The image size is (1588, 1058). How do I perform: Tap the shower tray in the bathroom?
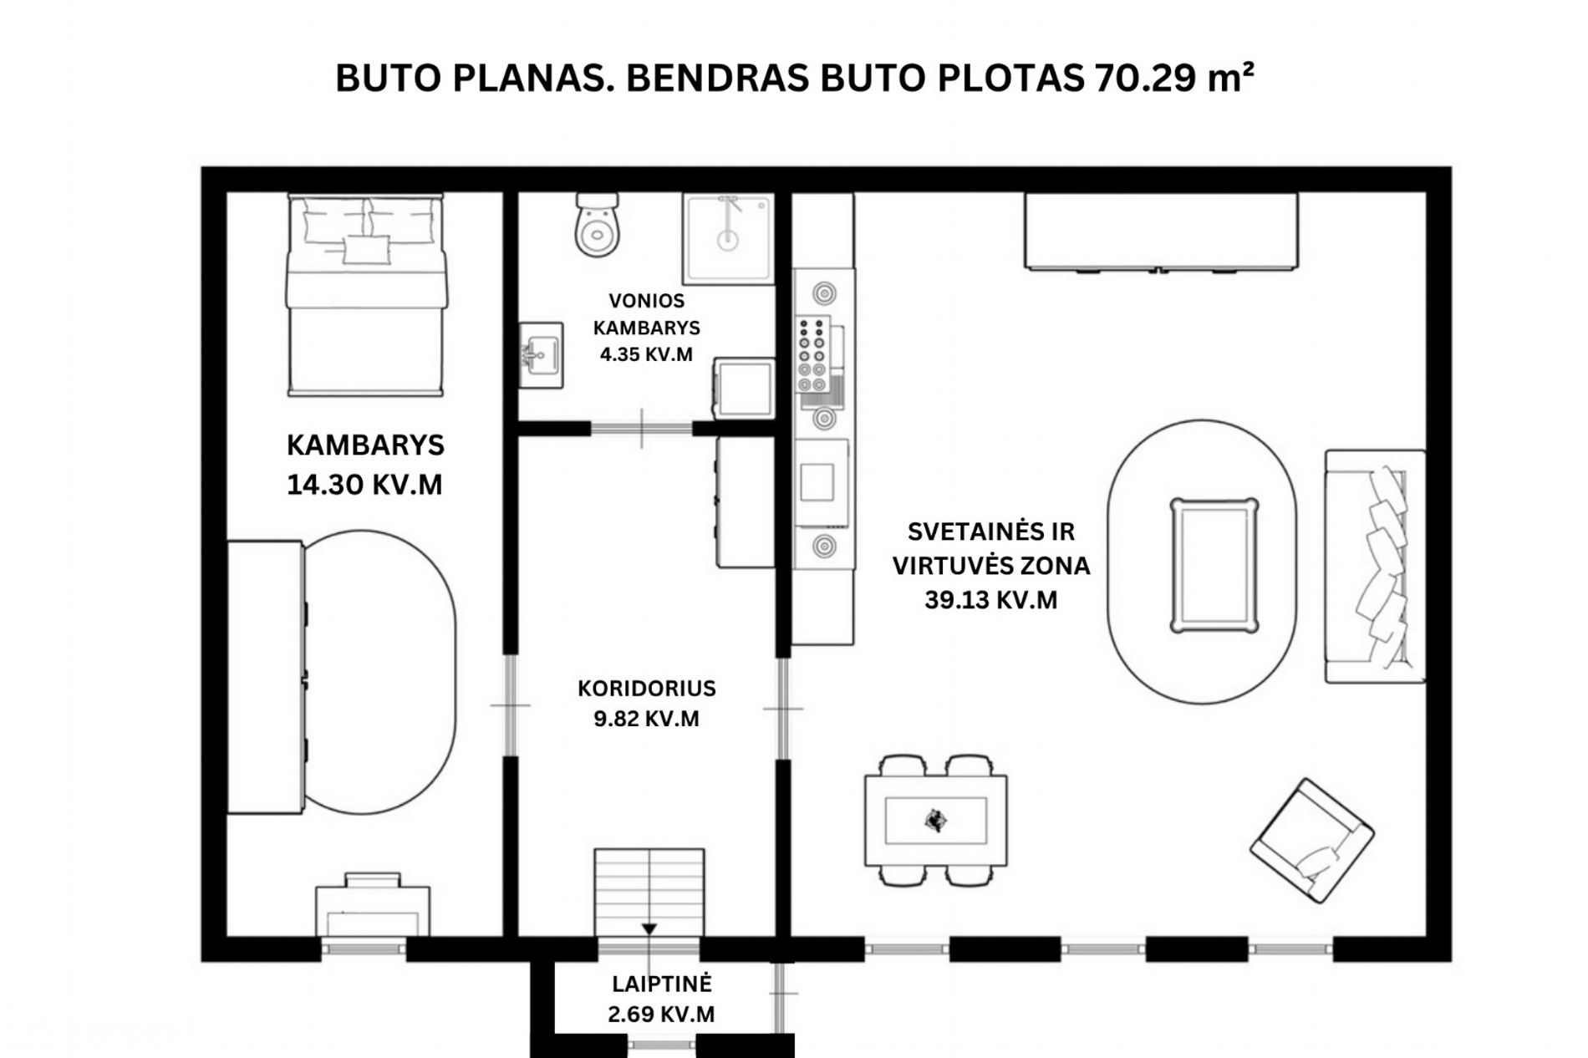(x=728, y=239)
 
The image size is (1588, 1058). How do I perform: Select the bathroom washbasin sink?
(x=541, y=355)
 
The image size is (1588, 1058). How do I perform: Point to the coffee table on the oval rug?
(x=1214, y=566)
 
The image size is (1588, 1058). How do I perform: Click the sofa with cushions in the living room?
(x=1375, y=566)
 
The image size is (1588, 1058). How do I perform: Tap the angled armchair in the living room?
(x=1311, y=841)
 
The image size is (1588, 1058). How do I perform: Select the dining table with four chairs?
(x=935, y=820)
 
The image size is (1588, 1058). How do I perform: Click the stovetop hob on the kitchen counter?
(x=812, y=354)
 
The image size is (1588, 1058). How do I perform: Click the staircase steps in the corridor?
(x=649, y=893)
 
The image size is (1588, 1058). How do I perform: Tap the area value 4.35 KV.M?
(x=646, y=354)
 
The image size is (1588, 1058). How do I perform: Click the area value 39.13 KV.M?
(x=990, y=600)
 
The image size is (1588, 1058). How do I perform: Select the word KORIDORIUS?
(x=647, y=689)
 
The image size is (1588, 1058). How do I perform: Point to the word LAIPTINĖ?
(x=661, y=984)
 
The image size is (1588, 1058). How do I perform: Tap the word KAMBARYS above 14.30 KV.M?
(x=365, y=445)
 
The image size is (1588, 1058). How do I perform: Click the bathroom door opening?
(x=642, y=429)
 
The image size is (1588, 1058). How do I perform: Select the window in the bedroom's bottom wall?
(x=364, y=949)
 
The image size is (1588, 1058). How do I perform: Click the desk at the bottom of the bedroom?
(x=373, y=905)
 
